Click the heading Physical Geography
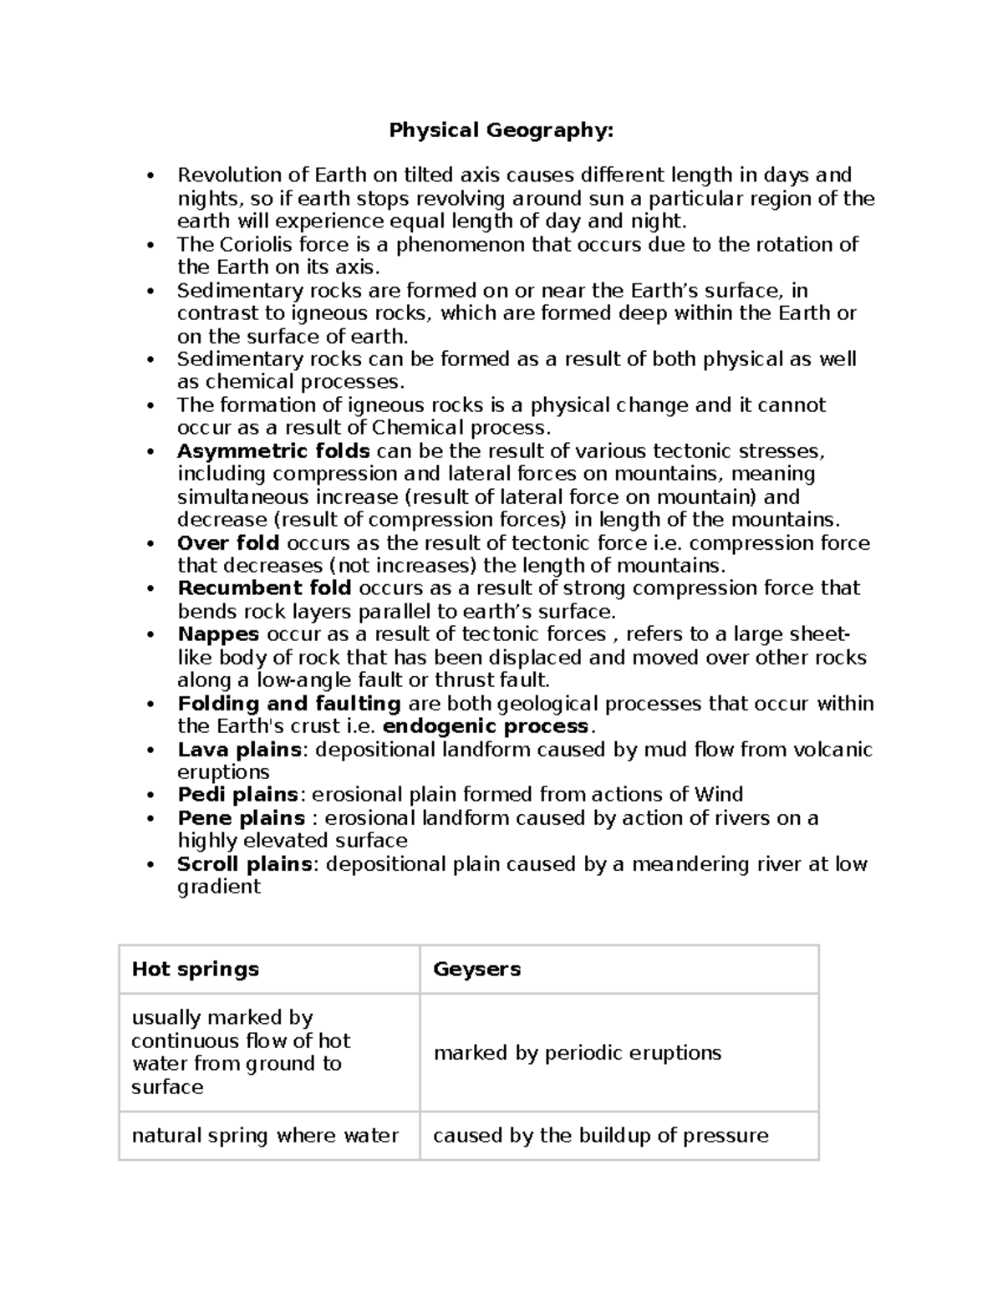click(x=501, y=130)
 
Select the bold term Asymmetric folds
click(x=273, y=451)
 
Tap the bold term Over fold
click(x=228, y=543)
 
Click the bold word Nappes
click(x=218, y=634)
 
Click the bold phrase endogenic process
click(x=486, y=726)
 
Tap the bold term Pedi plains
click(x=237, y=795)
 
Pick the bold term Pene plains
click(x=241, y=818)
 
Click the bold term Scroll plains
click(x=245, y=864)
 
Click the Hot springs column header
click(x=196, y=970)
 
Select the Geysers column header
click(x=476, y=970)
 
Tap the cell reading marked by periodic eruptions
click(x=577, y=1053)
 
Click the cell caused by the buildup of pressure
click(x=600, y=1136)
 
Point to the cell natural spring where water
click(x=265, y=1136)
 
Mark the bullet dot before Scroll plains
click(x=150, y=865)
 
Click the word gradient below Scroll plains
click(x=219, y=887)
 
